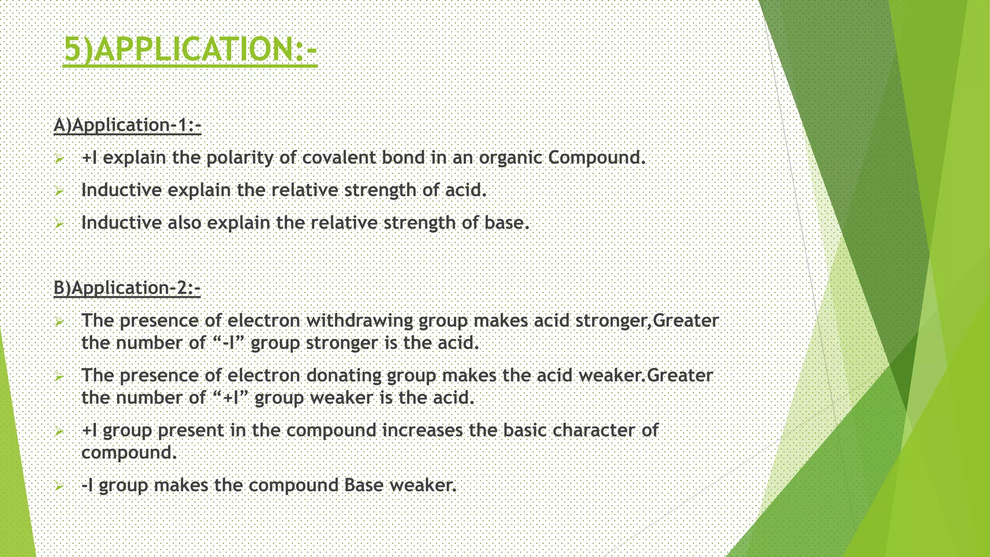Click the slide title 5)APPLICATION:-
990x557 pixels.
(x=190, y=49)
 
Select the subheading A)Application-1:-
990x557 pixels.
(x=127, y=125)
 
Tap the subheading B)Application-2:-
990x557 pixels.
(x=127, y=288)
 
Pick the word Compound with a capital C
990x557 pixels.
(x=597, y=158)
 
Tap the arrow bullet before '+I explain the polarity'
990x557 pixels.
(x=58, y=159)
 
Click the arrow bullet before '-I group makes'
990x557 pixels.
(x=58, y=486)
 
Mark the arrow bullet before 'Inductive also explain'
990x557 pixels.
(x=58, y=224)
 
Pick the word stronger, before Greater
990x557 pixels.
(x=614, y=321)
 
